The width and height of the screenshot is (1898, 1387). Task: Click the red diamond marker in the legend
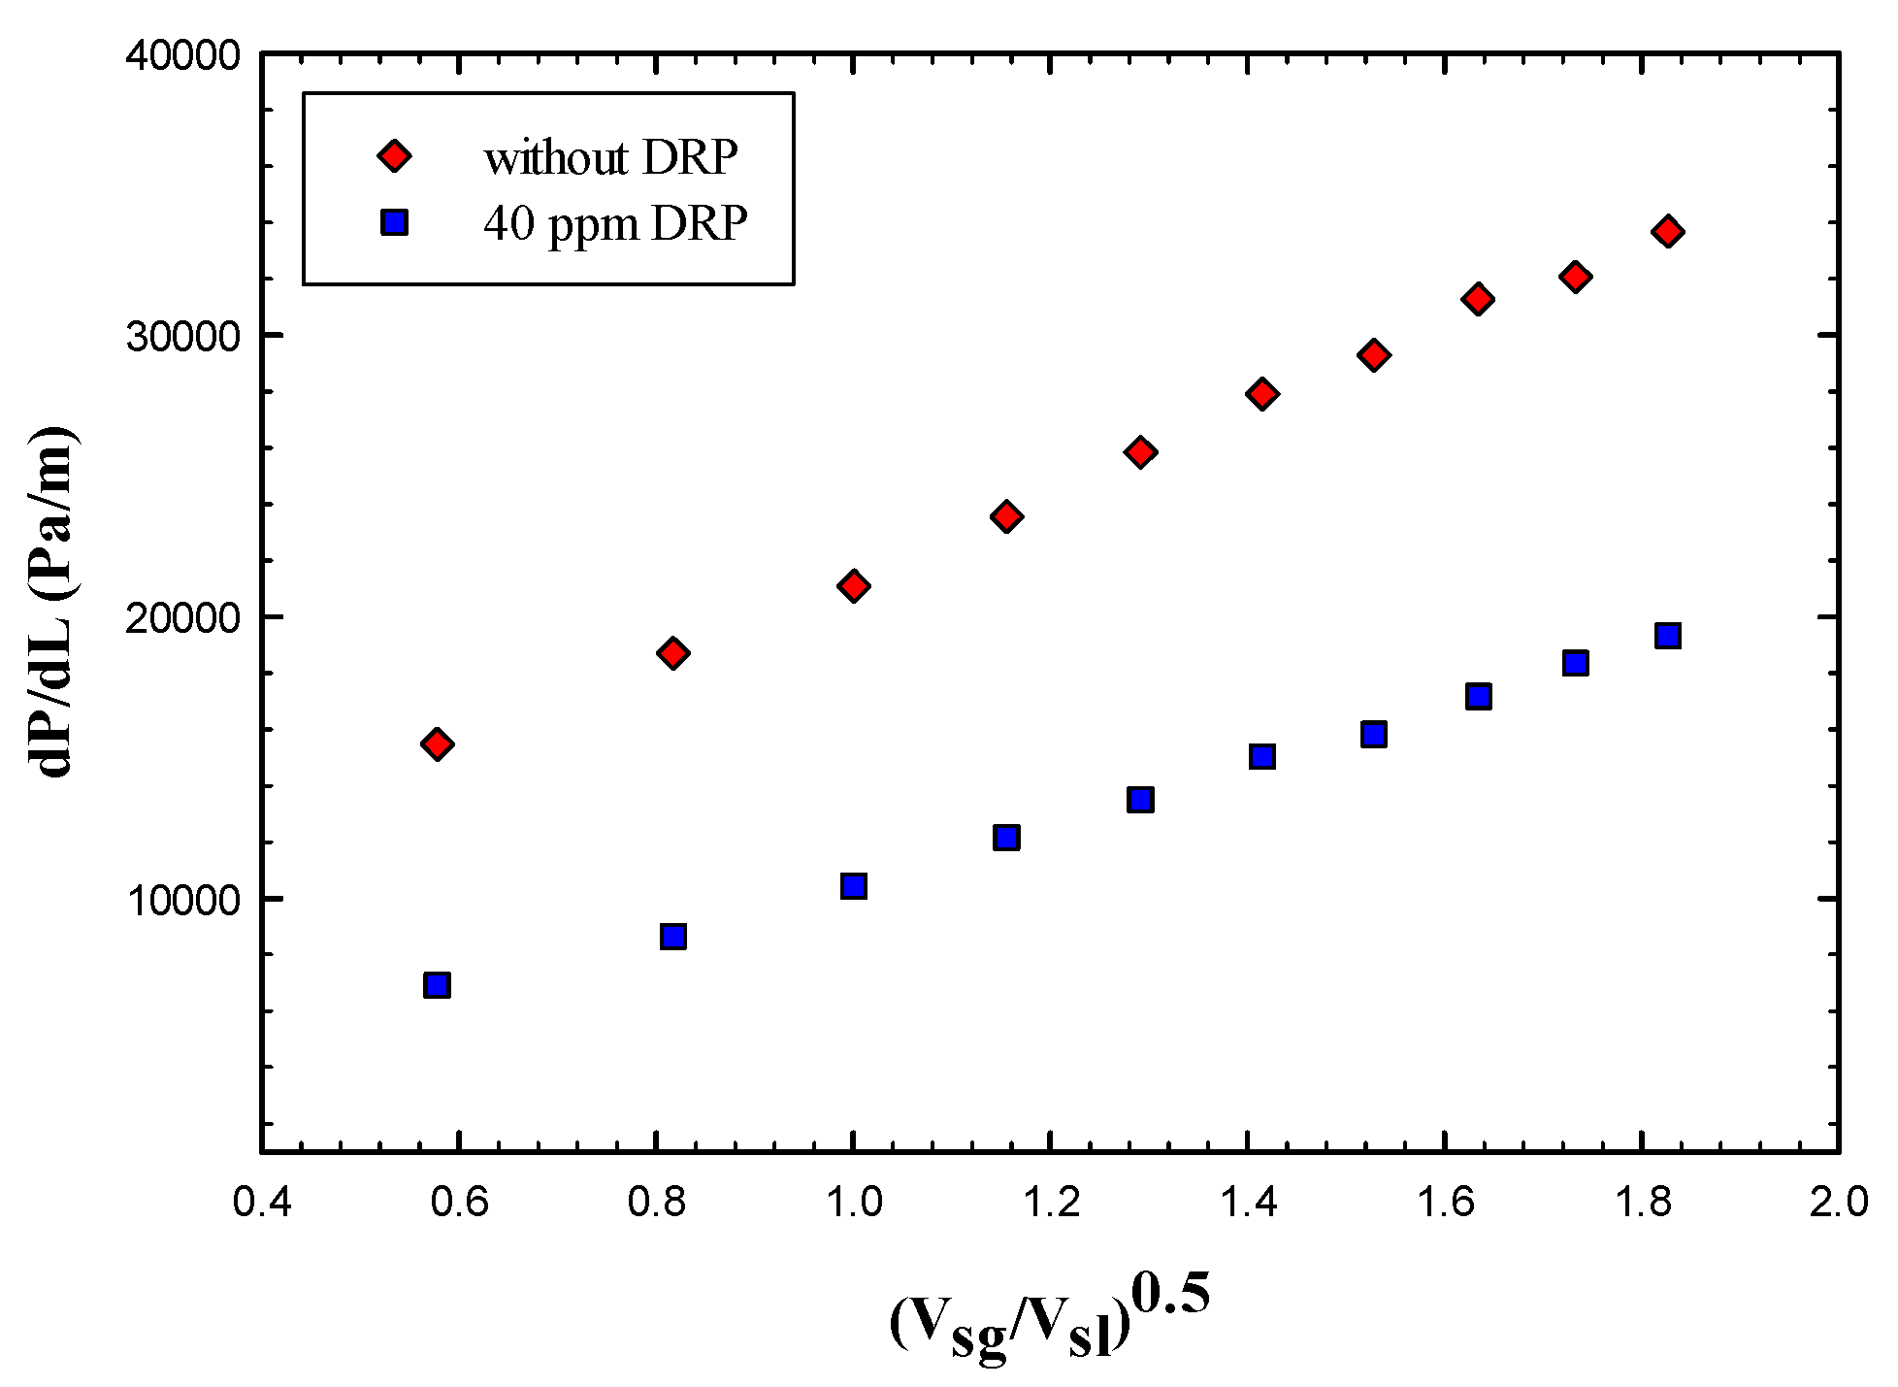point(394,155)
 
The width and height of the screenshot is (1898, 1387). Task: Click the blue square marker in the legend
point(394,223)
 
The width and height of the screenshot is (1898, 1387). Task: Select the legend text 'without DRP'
point(610,157)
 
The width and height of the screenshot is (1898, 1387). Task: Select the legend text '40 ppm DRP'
point(615,224)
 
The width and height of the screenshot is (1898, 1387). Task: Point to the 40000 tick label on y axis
point(182,55)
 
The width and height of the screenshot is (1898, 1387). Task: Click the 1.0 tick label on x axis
point(853,1203)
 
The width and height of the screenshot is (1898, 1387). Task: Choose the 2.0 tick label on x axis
point(1838,1203)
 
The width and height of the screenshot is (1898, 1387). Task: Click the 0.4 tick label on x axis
point(262,1203)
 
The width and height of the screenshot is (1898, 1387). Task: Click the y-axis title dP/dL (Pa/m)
point(56,602)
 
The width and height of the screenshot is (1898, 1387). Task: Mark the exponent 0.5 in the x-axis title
point(1171,1296)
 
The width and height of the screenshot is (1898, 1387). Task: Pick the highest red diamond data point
point(1668,231)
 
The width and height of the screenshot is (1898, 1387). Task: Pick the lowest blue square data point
point(437,985)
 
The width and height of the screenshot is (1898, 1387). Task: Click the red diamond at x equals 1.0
point(853,586)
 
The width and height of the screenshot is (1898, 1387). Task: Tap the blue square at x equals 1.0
point(853,886)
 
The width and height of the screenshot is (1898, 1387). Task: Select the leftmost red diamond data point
point(437,744)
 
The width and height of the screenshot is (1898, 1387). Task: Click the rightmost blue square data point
point(1668,636)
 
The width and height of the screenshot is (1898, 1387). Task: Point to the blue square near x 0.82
point(672,937)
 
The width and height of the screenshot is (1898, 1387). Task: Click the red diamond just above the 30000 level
point(1478,299)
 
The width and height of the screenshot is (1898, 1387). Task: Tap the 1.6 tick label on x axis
point(1444,1203)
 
